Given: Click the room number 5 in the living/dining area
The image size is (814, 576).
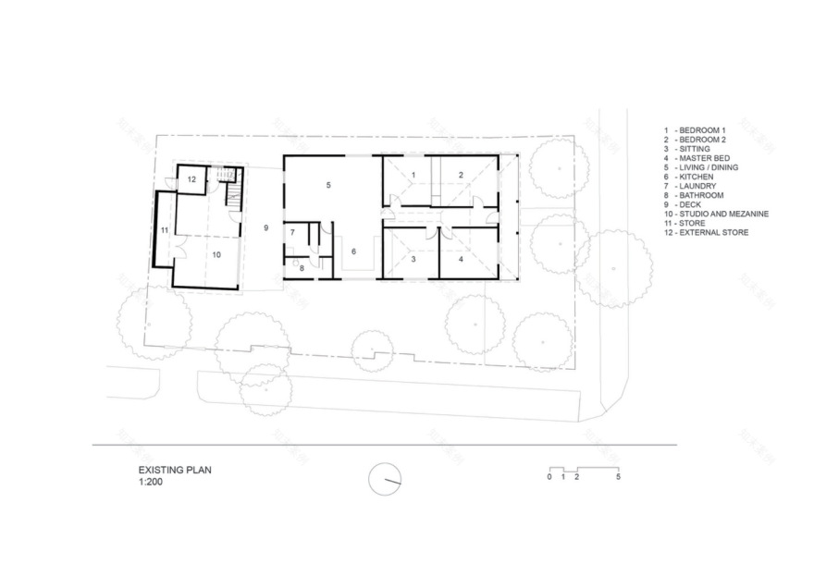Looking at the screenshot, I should point(327,186).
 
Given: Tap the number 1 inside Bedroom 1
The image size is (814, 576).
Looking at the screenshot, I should point(413,175).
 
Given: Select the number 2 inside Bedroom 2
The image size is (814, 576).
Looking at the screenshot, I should point(460,175).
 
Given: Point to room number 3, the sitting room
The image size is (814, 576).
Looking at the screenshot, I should point(413,260).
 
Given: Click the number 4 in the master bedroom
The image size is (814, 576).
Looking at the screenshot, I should point(460,260).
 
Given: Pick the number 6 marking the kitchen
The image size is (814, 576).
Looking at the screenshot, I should point(352,251).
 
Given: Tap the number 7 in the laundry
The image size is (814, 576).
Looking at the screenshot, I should point(292,232).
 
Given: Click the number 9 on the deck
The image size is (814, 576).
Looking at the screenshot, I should point(265,227).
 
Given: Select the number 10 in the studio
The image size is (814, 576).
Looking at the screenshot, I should point(216,252).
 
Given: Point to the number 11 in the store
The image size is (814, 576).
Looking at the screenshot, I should point(163,229).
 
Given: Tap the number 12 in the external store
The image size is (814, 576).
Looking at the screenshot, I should point(191,179).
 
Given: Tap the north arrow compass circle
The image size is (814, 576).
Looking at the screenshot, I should point(385,478).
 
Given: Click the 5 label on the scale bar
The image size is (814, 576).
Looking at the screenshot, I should point(618,477).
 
